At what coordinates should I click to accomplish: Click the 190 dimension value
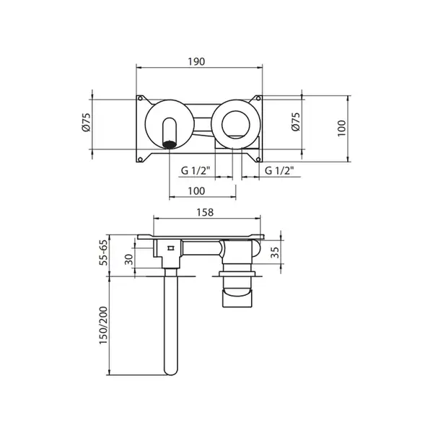click(x=196, y=61)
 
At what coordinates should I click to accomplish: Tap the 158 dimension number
click(x=205, y=212)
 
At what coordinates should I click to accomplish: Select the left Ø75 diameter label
click(x=87, y=122)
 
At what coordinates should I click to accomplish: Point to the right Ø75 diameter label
click(x=295, y=122)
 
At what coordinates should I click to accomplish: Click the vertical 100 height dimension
click(x=341, y=128)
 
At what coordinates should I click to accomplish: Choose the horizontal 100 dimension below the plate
click(x=196, y=191)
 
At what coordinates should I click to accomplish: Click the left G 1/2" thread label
click(x=196, y=170)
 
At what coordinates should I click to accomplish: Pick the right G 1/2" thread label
click(x=279, y=170)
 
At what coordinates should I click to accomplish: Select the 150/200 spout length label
click(x=103, y=325)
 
